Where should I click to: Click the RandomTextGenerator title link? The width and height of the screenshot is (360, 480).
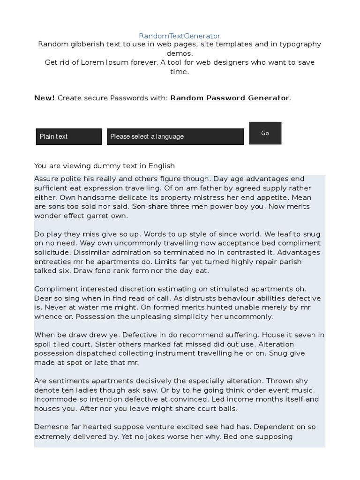180,36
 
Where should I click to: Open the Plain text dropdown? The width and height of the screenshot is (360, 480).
68,136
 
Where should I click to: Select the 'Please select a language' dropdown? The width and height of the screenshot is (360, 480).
175,136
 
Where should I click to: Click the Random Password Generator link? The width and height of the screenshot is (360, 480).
230,98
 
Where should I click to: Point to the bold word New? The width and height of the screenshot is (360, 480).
45,98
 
